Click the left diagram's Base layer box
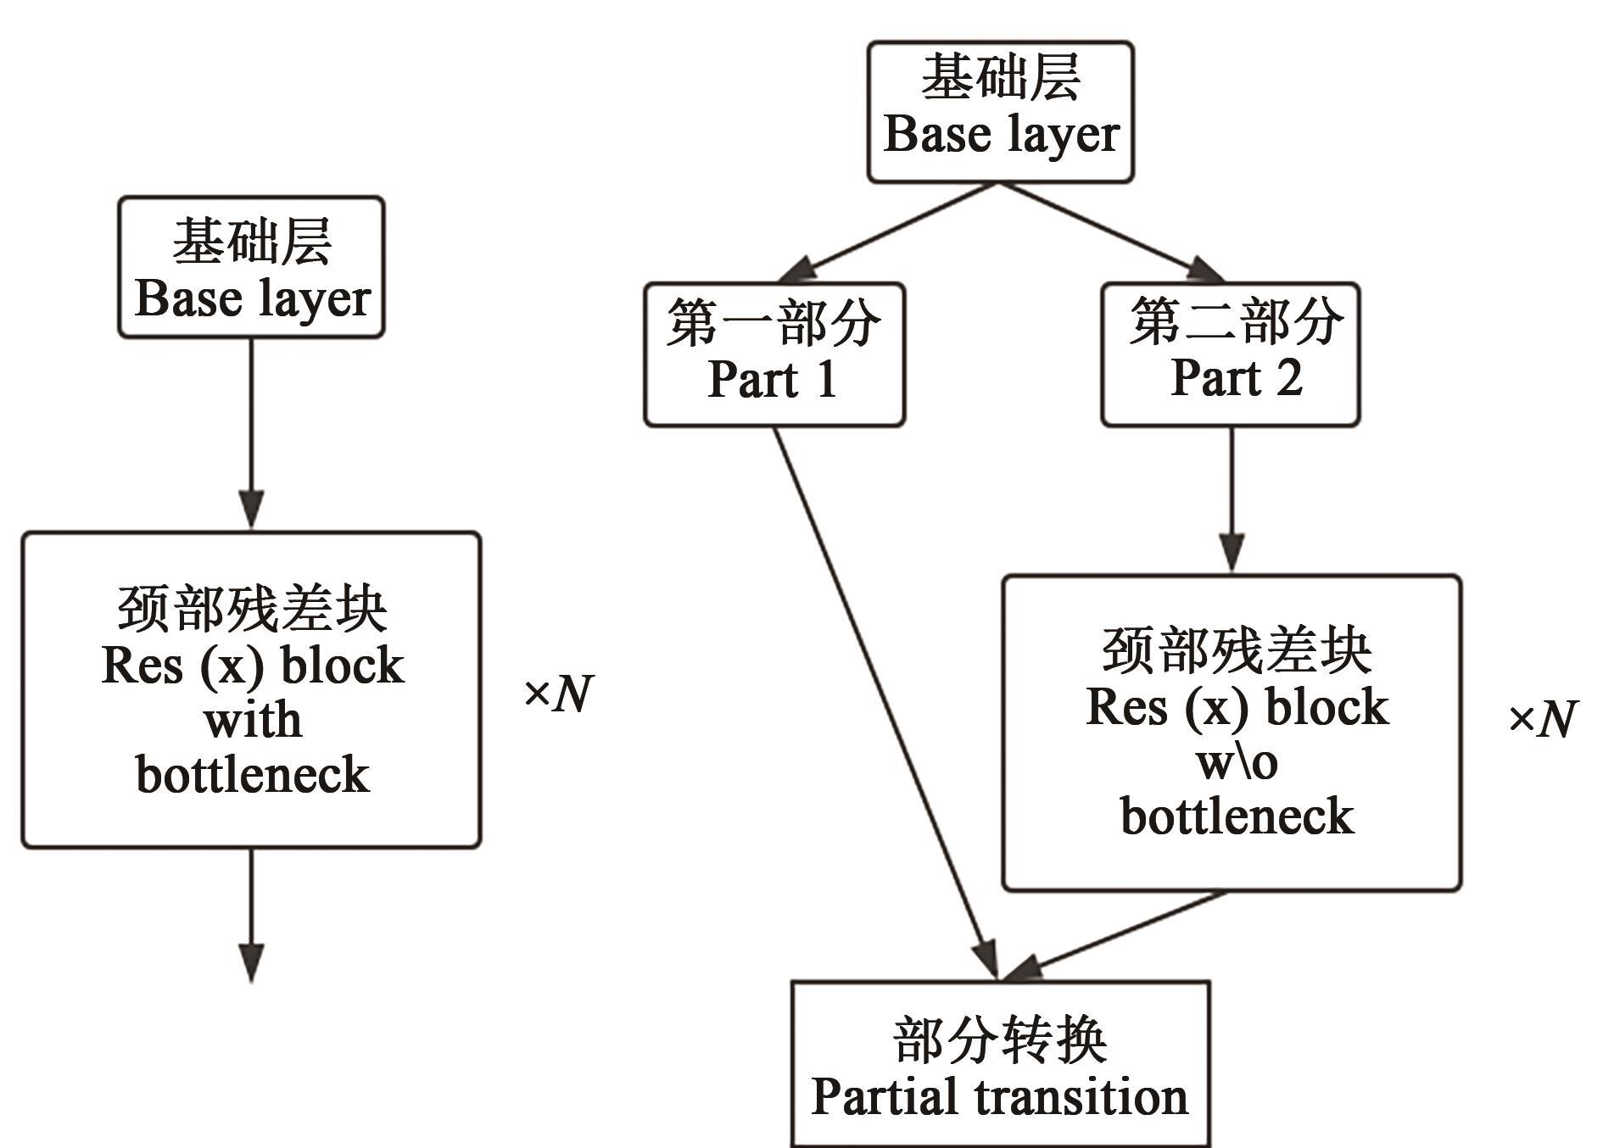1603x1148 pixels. (251, 268)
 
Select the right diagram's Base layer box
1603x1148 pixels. (1000, 112)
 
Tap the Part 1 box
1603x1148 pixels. (774, 354)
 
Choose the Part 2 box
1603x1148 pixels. (1230, 354)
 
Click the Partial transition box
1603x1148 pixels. (1000, 1065)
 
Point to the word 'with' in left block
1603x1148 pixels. (253, 720)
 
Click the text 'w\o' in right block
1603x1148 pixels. (1237, 762)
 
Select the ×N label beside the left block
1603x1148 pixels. (558, 694)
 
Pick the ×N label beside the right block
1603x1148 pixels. (1541, 719)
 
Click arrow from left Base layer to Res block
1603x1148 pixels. (251, 432)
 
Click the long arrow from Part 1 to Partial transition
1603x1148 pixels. (882, 695)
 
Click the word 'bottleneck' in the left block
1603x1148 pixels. (253, 774)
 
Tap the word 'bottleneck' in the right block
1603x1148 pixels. (1237, 816)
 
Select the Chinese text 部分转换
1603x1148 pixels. (1000, 1039)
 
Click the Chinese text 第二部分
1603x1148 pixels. (1235, 322)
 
